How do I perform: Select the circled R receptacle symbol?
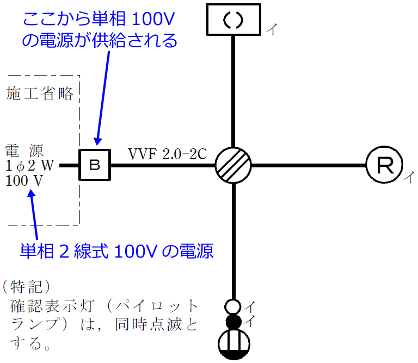coord(384,165)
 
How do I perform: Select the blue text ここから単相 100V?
coord(100,21)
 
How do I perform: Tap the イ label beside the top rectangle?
coord(271,30)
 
